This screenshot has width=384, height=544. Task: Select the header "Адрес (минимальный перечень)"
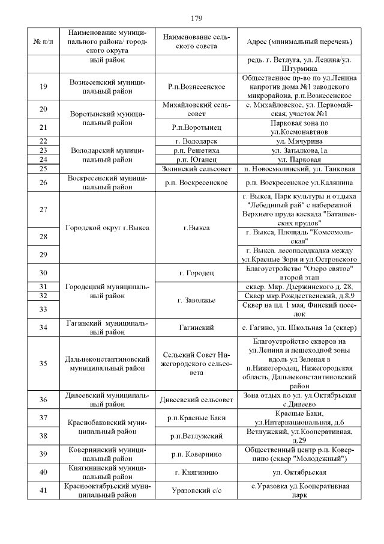click(299, 41)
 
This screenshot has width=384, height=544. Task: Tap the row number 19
click(43, 87)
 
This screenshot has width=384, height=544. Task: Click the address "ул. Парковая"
click(299, 160)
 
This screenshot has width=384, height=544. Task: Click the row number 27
click(43, 210)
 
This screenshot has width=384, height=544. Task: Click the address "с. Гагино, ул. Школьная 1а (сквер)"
click(299, 328)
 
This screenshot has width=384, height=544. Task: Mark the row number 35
click(43, 364)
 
